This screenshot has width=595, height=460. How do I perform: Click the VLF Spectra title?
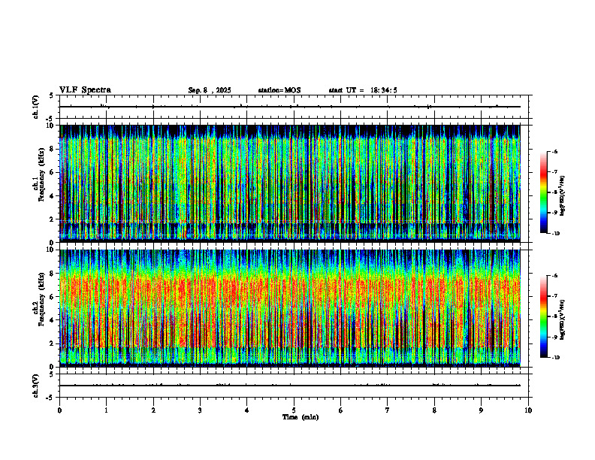pyautogui.click(x=85, y=90)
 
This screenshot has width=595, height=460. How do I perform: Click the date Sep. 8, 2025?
pyautogui.click(x=210, y=90)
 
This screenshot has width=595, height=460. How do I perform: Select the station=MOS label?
pyautogui.click(x=279, y=90)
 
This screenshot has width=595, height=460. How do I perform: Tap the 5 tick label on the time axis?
pyautogui.click(x=294, y=410)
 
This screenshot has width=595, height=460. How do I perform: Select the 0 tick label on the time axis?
pyautogui.click(x=59, y=410)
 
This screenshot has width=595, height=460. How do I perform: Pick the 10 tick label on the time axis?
pyautogui.click(x=528, y=410)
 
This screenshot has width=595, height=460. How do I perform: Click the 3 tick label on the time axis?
pyautogui.click(x=200, y=410)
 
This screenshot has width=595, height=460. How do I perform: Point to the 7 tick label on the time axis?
pyautogui.click(x=388, y=410)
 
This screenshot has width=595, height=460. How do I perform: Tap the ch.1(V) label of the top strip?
pyautogui.click(x=36, y=107)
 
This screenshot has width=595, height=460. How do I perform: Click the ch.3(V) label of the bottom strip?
pyautogui.click(x=36, y=385)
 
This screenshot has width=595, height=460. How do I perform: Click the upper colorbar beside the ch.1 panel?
pyautogui.click(x=544, y=192)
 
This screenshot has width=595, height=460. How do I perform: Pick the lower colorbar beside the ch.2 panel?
pyautogui.click(x=544, y=316)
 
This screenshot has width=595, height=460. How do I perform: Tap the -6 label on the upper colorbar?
pyautogui.click(x=554, y=152)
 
